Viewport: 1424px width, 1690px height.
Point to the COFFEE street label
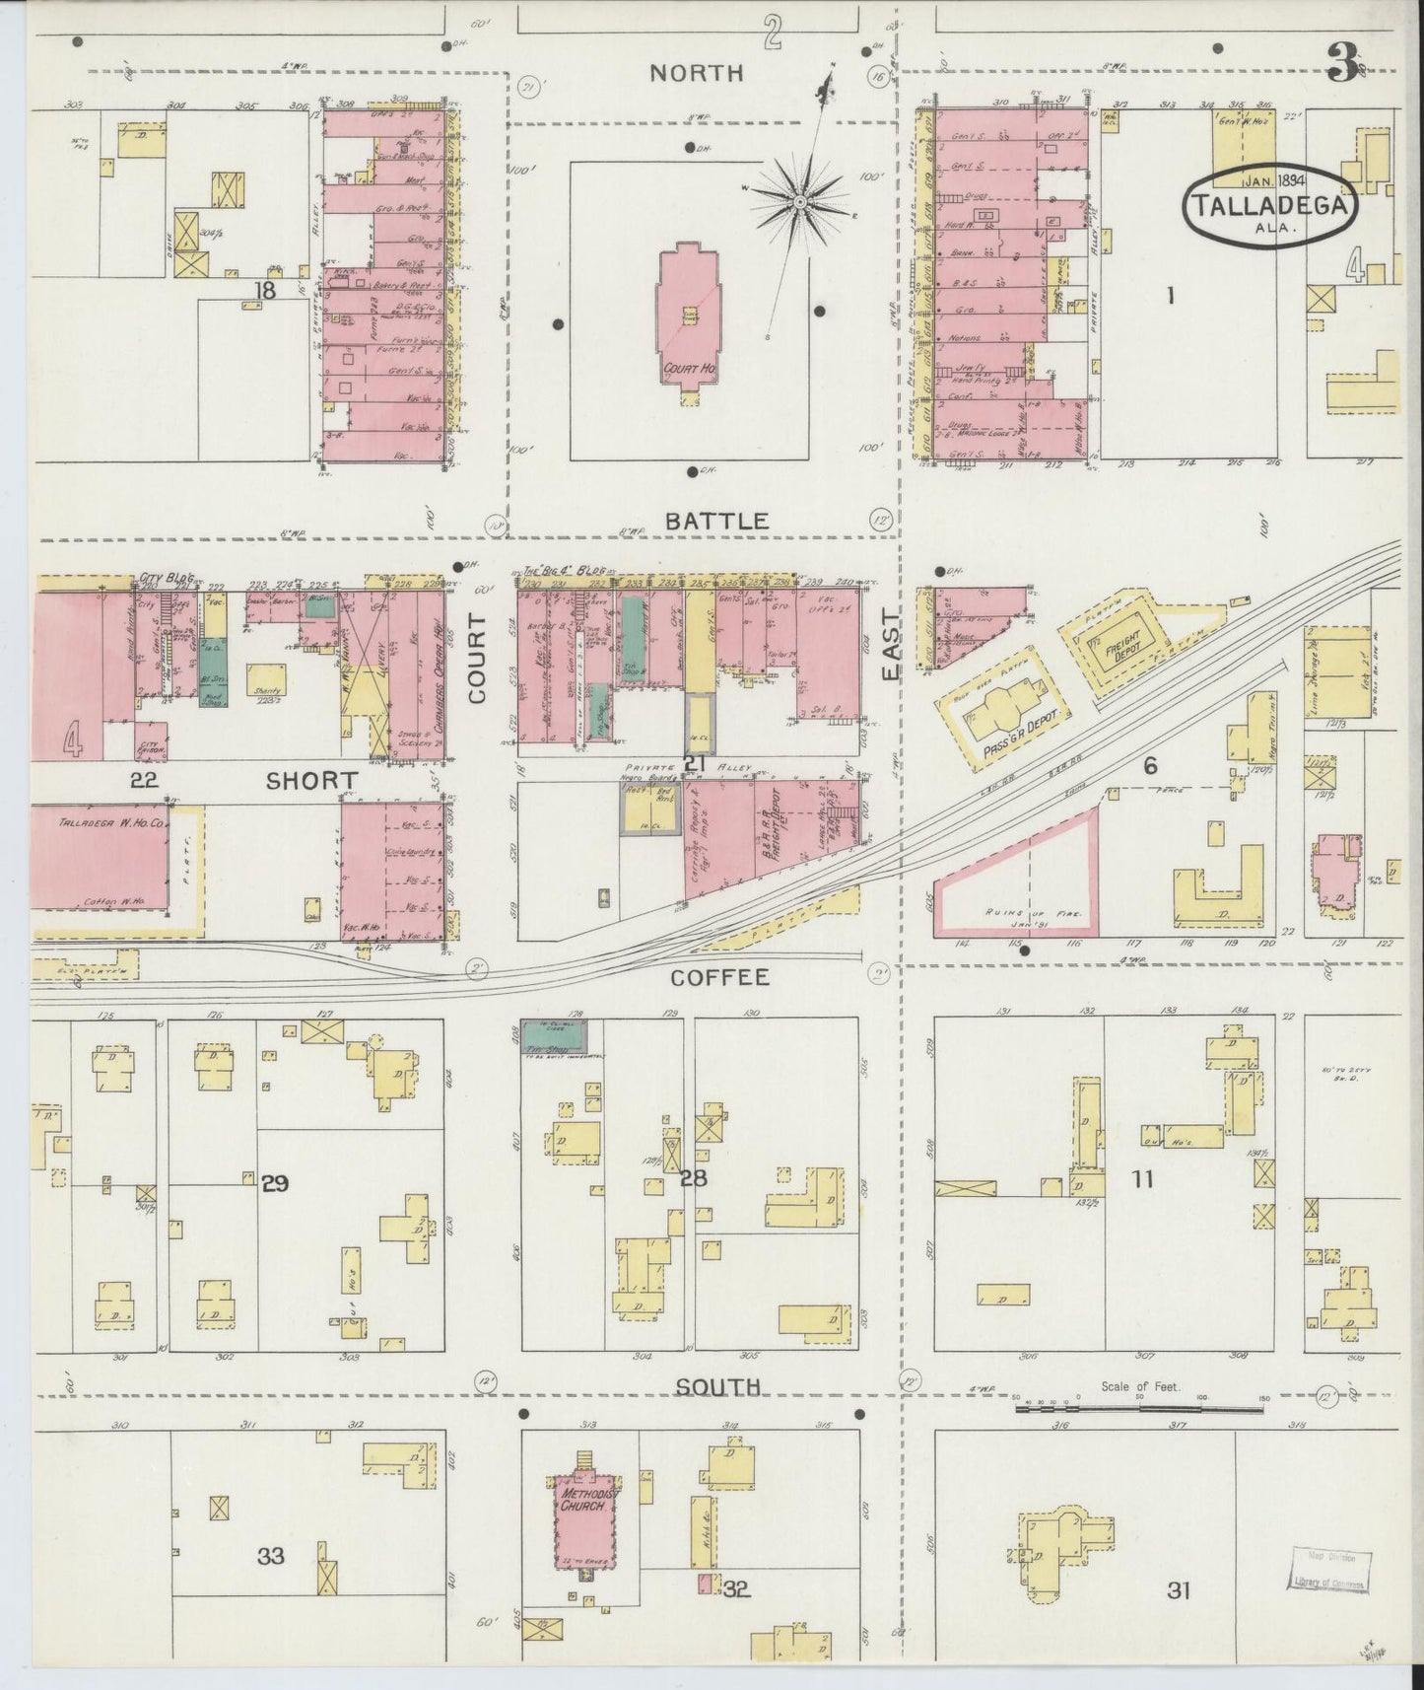[718, 977]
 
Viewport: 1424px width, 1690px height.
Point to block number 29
[274, 1183]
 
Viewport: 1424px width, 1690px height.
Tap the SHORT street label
[311, 781]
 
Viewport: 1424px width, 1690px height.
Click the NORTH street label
[696, 72]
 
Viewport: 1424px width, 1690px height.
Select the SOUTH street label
[718, 1386]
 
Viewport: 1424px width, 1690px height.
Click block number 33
[270, 1556]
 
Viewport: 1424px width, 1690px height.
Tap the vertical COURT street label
[479, 658]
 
